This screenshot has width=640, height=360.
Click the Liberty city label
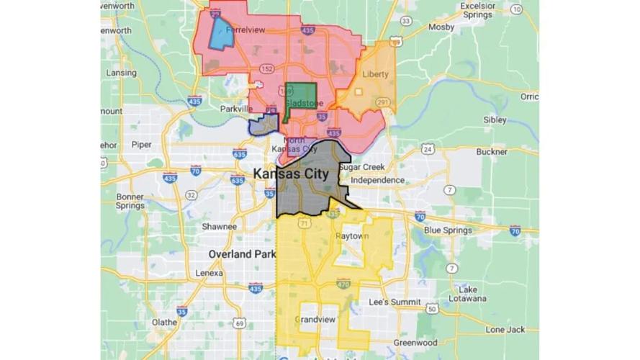[x=374, y=74]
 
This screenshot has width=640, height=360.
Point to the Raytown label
[x=352, y=236]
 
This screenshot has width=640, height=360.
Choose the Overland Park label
[x=238, y=254]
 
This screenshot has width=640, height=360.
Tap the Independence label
[x=377, y=180]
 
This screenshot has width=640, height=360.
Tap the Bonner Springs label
[x=130, y=201]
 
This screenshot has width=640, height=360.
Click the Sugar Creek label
[x=362, y=166]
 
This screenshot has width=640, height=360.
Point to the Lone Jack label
[x=505, y=329]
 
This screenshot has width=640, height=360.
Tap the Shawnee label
[x=219, y=226]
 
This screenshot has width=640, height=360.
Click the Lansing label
[x=121, y=73]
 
